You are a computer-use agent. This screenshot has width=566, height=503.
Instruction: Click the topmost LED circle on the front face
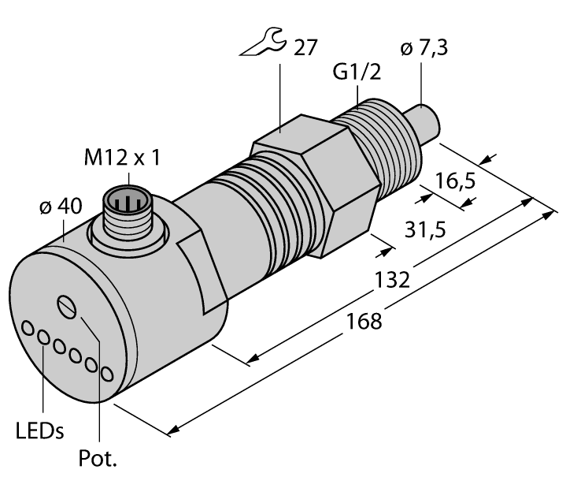click(x=29, y=326)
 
